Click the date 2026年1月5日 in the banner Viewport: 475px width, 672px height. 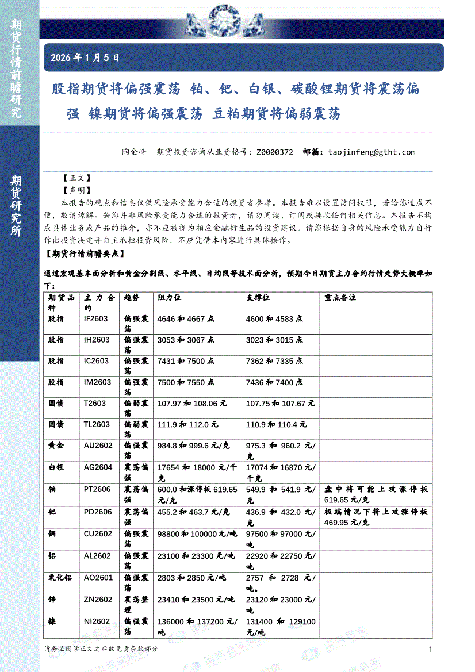pyautogui.click(x=85, y=57)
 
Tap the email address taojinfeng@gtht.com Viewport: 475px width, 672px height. pyautogui.click(x=371, y=152)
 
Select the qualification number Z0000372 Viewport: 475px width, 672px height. pyautogui.click(x=274, y=152)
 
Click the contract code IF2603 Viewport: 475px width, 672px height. pyautogui.click(x=96, y=318)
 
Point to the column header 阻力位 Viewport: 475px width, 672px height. pyautogui.click(x=170, y=298)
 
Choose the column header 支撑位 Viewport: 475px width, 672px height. pyautogui.click(x=258, y=298)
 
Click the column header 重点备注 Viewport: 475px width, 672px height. pyautogui.click(x=340, y=298)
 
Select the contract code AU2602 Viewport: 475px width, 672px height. pyautogui.click(x=96, y=446)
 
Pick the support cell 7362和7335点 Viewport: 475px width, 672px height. pyautogui.click(x=274, y=361)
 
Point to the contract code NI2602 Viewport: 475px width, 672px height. pyautogui.click(x=97, y=621)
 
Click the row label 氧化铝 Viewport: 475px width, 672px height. pyautogui.click(x=60, y=578)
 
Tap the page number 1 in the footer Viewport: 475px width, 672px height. pyautogui.click(x=431, y=649)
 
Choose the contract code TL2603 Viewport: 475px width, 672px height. pyautogui.click(x=97, y=424)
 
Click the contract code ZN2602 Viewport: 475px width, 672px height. pyautogui.click(x=98, y=600)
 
